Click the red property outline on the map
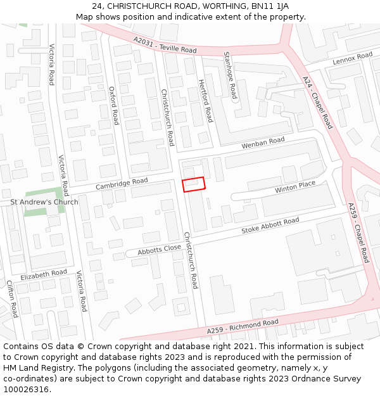point(194,184)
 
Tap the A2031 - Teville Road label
point(165,44)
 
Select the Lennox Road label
point(353,60)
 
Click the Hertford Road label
point(205,101)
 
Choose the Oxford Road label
point(113,106)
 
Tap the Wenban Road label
point(263,144)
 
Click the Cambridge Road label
point(122,184)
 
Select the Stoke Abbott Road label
point(270,226)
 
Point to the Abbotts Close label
point(159,250)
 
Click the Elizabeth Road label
point(43,275)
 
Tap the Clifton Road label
point(12,299)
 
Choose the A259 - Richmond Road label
point(243,327)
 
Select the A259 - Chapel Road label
point(358,233)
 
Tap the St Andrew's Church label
point(44,202)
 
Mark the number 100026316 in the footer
point(26,390)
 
